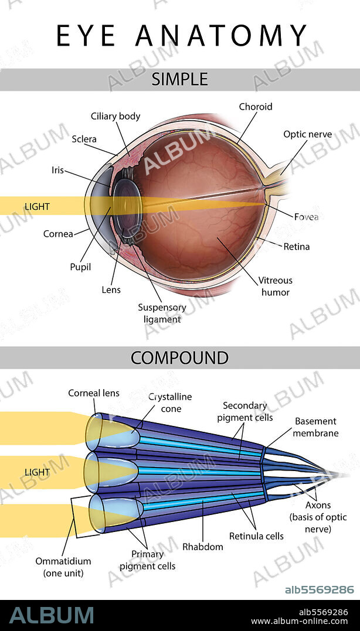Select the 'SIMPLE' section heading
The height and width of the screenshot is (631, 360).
pyautogui.click(x=180, y=79)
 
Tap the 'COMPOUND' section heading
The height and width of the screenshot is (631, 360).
pyautogui.click(x=179, y=357)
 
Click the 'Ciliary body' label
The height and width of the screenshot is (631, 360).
pyautogui.click(x=116, y=116)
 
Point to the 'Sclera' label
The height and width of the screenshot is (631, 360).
pyautogui.click(x=84, y=139)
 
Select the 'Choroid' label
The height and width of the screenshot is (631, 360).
pyautogui.click(x=256, y=107)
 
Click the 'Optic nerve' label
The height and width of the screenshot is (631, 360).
pyautogui.click(x=307, y=134)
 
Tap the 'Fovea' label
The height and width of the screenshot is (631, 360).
pyautogui.click(x=306, y=217)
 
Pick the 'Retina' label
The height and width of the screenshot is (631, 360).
pyautogui.click(x=296, y=246)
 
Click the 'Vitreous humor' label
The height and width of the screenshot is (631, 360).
pyautogui.click(x=275, y=286)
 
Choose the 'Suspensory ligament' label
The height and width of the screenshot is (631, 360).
pyautogui.click(x=162, y=313)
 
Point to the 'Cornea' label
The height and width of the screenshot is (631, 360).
pyautogui.click(x=58, y=234)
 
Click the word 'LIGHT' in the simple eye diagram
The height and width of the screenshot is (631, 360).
pyautogui.click(x=37, y=206)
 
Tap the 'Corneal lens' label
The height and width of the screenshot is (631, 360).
pyautogui.click(x=90, y=393)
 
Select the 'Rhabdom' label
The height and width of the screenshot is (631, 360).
pyautogui.click(x=203, y=547)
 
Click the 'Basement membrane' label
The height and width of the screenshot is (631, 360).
pyautogui.click(x=315, y=427)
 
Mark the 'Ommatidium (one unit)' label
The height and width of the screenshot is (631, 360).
pyautogui.click(x=64, y=567)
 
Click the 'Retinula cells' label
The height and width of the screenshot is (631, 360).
pyautogui.click(x=256, y=536)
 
